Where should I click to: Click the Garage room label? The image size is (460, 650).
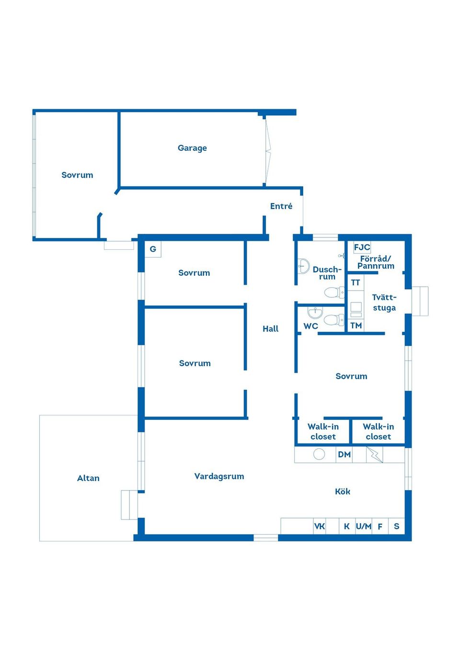192,148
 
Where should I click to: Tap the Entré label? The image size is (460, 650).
281,206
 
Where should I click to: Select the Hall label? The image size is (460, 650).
270,329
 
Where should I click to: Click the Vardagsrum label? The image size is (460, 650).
219,476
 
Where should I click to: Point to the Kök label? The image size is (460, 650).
343,491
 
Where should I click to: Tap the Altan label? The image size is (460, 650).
88,478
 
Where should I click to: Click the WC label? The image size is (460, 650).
310,326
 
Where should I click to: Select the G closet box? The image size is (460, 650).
153,249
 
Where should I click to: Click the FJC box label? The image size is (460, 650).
362,247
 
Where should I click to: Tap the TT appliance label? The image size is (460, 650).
356,282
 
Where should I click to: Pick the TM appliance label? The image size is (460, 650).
356,325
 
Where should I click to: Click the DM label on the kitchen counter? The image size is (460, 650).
345,454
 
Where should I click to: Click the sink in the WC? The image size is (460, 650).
315,312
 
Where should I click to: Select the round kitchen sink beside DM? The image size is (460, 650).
319,454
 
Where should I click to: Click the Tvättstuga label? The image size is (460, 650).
384,303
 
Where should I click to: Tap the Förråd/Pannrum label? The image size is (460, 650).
376,262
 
